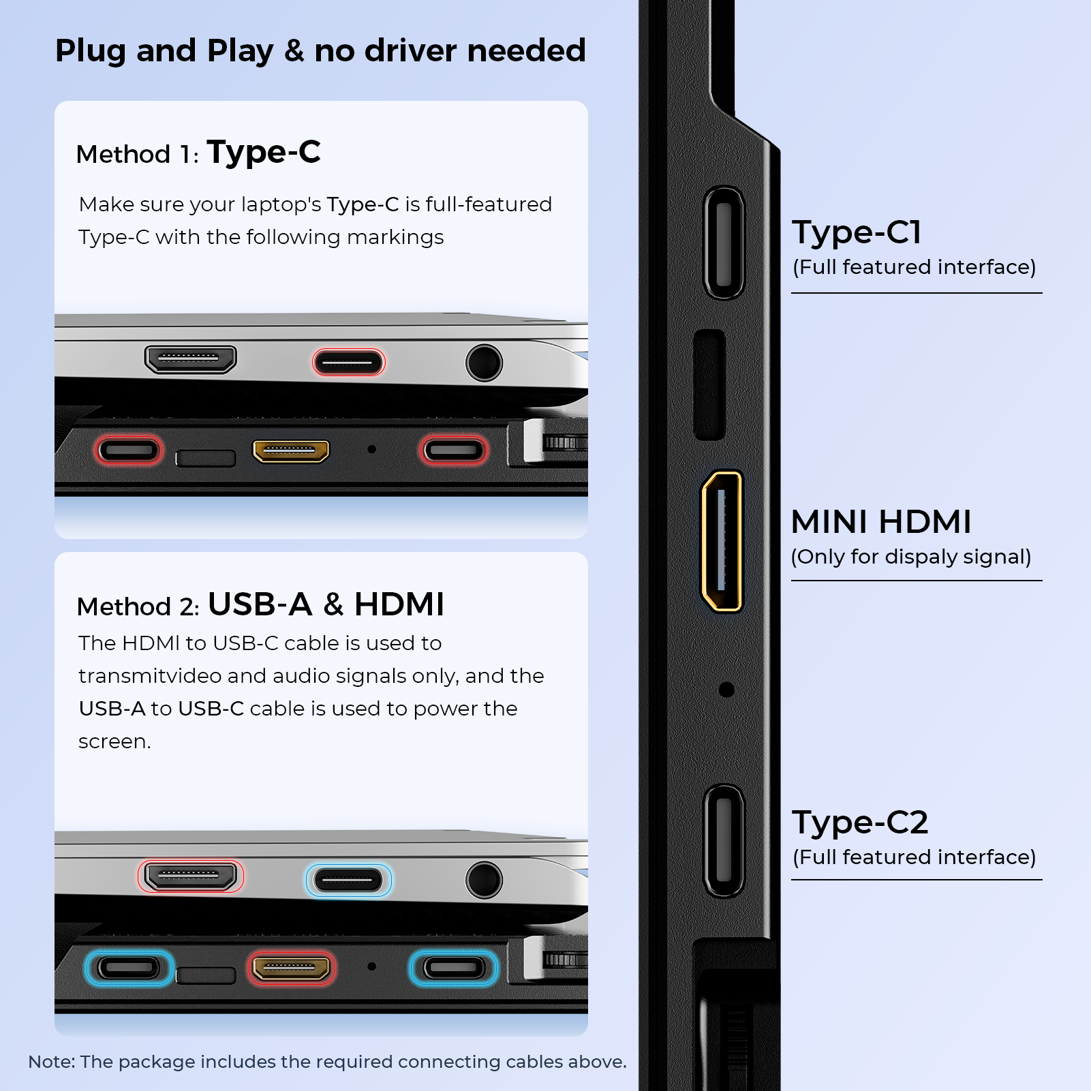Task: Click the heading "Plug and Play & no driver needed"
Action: point(320,51)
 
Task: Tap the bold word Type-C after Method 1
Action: point(264,153)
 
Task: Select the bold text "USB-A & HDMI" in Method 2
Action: point(326,604)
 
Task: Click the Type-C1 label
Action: point(857,233)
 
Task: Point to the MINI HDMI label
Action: point(881,522)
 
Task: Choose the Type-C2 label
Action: point(860,823)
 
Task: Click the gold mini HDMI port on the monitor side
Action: point(722,541)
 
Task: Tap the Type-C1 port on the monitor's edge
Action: point(724,243)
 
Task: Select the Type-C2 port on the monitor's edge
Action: point(724,841)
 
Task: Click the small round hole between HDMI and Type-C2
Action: point(726,690)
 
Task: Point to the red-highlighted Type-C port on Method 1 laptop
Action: point(349,363)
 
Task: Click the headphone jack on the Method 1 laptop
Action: point(484,363)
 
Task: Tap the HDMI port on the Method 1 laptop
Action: point(191,359)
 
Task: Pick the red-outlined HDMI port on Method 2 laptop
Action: point(191,876)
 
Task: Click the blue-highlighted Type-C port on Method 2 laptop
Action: point(349,880)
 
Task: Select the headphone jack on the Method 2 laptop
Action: point(484,880)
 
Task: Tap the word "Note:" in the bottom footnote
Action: point(52,1062)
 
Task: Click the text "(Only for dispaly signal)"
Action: point(911,557)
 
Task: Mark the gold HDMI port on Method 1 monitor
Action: point(291,450)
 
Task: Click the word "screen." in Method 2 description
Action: point(114,741)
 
